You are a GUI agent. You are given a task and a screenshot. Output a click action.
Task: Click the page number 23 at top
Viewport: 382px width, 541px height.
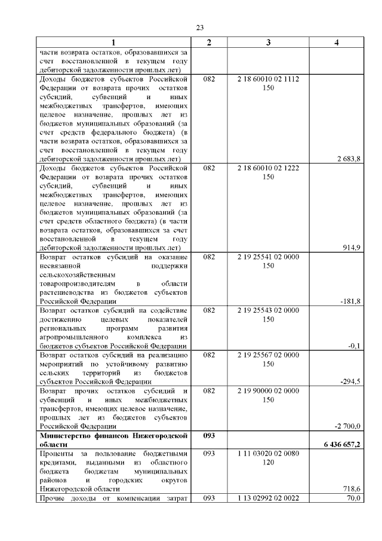click(x=199, y=27)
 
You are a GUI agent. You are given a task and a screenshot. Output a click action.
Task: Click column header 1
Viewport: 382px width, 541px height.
click(x=114, y=42)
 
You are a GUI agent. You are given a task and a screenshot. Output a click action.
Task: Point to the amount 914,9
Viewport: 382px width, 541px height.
click(x=352, y=247)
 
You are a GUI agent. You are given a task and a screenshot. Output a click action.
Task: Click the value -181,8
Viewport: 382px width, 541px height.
click(x=350, y=301)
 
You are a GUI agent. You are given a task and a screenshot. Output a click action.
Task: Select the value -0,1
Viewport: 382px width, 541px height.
click(x=355, y=346)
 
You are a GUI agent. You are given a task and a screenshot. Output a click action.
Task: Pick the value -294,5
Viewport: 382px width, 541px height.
click(x=350, y=381)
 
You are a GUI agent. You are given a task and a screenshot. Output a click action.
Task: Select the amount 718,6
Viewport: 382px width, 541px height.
click(x=352, y=488)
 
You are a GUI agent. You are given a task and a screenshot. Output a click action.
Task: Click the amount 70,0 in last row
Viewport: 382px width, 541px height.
click(x=353, y=498)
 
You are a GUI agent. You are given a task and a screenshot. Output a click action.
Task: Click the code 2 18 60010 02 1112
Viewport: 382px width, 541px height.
click(x=268, y=79)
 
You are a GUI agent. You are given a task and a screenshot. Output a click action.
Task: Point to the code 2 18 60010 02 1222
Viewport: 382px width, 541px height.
click(x=268, y=168)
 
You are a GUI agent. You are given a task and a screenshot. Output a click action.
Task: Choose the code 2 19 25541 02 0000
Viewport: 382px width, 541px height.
click(x=268, y=256)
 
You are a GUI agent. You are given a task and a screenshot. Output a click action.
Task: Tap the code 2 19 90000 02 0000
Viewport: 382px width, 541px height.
click(x=268, y=390)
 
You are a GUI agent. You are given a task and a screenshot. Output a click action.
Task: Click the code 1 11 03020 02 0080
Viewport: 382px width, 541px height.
click(x=268, y=454)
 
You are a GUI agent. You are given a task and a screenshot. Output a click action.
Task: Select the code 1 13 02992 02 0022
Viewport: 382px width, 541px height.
click(x=268, y=498)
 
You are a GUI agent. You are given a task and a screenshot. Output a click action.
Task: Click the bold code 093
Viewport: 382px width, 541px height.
click(x=208, y=436)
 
